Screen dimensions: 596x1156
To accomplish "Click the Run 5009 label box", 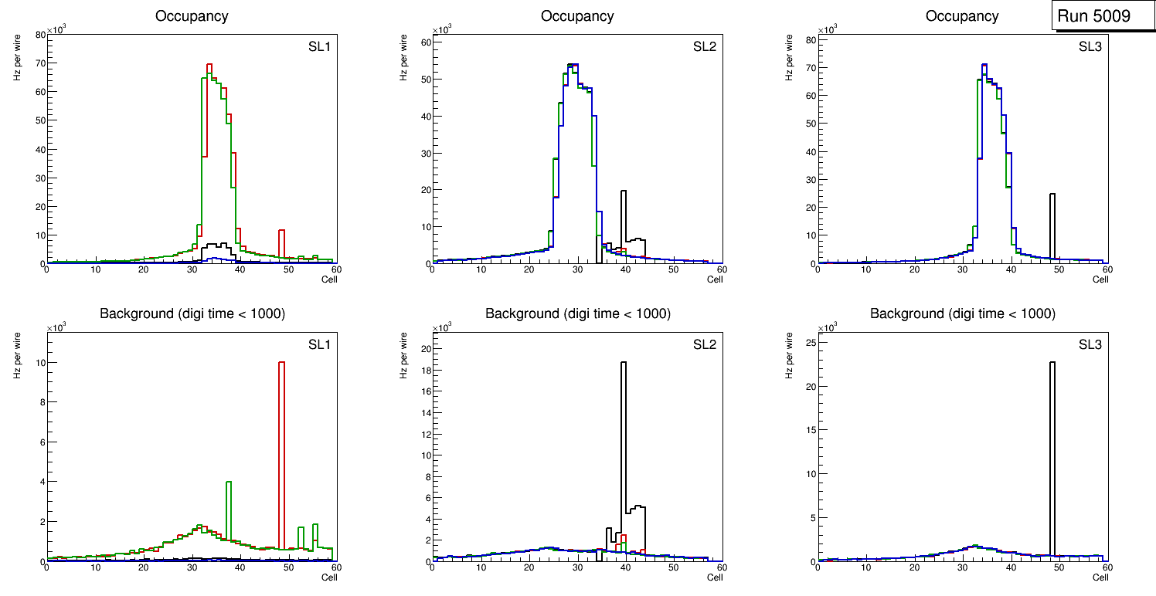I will click(x=1098, y=16).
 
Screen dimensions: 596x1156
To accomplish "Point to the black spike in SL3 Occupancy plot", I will click(x=1052, y=228).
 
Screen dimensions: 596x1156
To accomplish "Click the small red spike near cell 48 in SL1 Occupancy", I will click(x=281, y=243).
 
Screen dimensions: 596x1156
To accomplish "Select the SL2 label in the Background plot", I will click(x=704, y=344).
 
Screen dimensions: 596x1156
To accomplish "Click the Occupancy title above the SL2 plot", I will click(x=577, y=15).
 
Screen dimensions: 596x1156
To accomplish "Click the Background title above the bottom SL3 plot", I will click(x=962, y=313).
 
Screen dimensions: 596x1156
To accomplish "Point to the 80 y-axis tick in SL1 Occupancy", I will click(x=39, y=34).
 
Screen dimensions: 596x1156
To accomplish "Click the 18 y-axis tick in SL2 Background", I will click(x=424, y=370).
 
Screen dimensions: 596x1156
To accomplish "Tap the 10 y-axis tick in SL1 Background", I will click(x=39, y=362).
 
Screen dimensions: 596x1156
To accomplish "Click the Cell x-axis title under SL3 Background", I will click(x=1100, y=577).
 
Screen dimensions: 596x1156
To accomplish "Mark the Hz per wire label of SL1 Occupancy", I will click(x=16, y=59).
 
